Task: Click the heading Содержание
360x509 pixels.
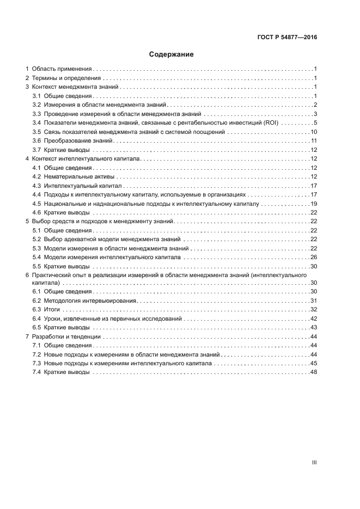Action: pyautogui.click(x=172, y=55)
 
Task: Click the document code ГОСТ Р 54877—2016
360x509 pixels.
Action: pyautogui.click(x=287, y=38)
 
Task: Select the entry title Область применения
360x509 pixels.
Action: pyautogui.click(x=62, y=70)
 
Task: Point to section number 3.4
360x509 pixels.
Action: pyautogui.click(x=37, y=122)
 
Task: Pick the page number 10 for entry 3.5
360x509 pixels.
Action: pyautogui.click(x=314, y=132)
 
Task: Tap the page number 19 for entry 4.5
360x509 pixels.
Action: pyautogui.click(x=314, y=203)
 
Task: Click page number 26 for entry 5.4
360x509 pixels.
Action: pyautogui.click(x=314, y=257)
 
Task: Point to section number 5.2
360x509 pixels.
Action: pyautogui.click(x=37, y=239)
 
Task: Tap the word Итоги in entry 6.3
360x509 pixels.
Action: pyautogui.click(x=52, y=310)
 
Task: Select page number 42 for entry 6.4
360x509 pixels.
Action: pyautogui.click(x=314, y=318)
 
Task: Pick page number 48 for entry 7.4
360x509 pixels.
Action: pyautogui.click(x=314, y=372)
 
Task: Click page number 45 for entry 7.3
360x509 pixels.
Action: pyautogui.click(x=314, y=364)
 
